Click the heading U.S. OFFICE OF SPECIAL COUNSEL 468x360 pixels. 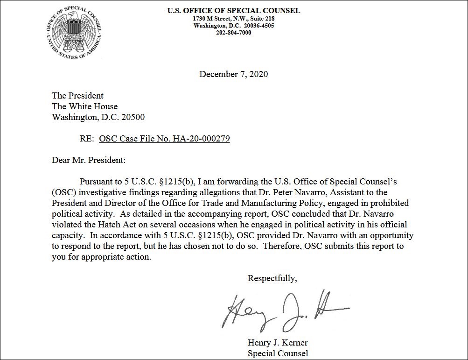pyautogui.click(x=233, y=11)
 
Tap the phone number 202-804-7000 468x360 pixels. pyautogui.click(x=233, y=33)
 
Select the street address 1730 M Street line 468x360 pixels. pyautogui.click(x=233, y=18)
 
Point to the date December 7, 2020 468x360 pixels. pyautogui.click(x=233, y=74)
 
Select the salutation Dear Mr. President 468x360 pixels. pyautogui.click(x=89, y=160)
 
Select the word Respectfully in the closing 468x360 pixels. pyautogui.click(x=272, y=278)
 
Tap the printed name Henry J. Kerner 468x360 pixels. pyautogui.click(x=278, y=343)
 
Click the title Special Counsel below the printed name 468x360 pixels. pyautogui.click(x=278, y=353)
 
